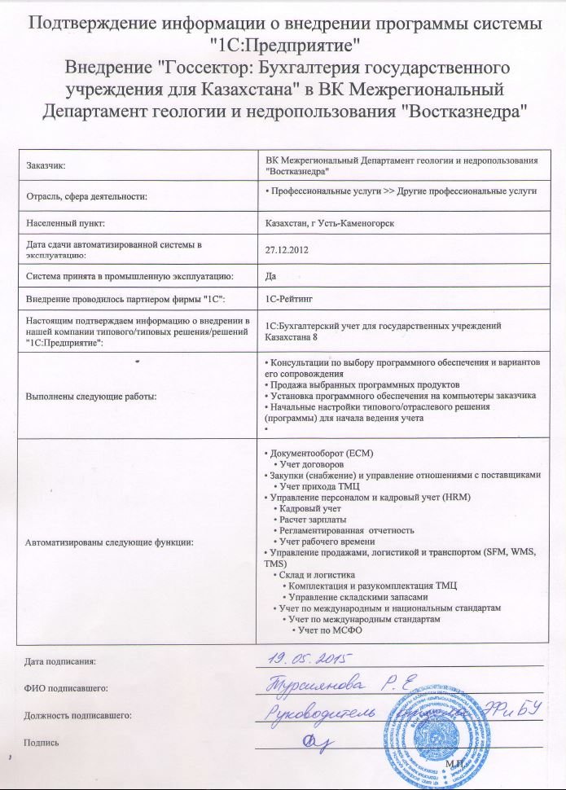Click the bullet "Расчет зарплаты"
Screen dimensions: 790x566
[x=313, y=519]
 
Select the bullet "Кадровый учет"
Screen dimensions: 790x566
[x=310, y=507]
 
